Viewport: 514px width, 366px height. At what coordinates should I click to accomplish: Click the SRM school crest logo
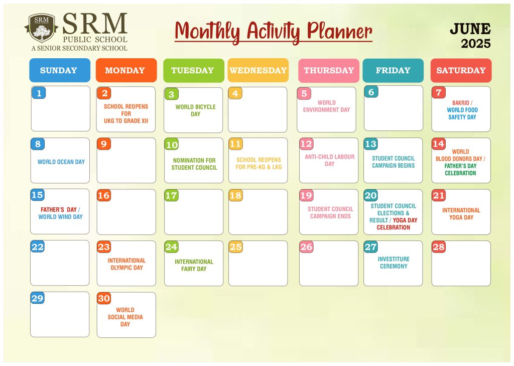coord(41,28)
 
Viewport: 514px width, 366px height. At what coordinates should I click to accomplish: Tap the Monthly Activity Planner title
coord(274,32)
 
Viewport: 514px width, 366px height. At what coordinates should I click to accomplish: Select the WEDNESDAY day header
coord(258,70)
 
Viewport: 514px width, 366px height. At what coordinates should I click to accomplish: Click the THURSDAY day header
coord(329,70)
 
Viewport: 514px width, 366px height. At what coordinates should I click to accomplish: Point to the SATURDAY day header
coord(461,70)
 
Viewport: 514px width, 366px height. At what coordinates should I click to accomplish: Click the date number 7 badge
coord(439,92)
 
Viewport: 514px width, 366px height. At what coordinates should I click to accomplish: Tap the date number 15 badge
coord(37,195)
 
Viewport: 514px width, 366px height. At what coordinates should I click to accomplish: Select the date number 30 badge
coord(104,298)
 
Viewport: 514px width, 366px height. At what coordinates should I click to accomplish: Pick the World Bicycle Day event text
coord(195,110)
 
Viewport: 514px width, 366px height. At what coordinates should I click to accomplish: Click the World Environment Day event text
coord(326,106)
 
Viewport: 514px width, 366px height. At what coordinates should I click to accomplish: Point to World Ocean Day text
coord(61,162)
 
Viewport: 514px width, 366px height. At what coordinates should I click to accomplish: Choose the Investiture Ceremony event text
coord(394,263)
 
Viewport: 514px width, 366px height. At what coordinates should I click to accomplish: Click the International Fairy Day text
coord(194,265)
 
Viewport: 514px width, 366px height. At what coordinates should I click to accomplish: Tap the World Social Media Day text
coord(125,317)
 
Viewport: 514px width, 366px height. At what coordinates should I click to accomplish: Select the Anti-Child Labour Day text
coord(329,160)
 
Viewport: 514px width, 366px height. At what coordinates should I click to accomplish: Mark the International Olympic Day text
coord(126,264)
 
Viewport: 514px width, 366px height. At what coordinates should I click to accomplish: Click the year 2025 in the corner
coord(476,44)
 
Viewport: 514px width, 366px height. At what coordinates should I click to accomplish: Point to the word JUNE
coord(470,29)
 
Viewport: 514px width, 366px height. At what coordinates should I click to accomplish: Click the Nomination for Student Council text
coord(194,164)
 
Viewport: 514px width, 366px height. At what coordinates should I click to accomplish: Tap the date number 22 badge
coord(37,247)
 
